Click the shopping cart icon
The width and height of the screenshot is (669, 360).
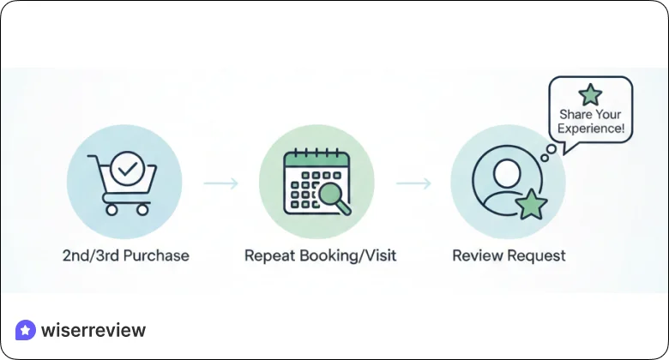click(125, 182)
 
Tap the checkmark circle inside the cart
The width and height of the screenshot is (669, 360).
click(128, 169)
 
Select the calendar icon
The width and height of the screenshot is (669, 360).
click(314, 183)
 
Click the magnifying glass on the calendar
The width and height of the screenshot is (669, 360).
click(334, 198)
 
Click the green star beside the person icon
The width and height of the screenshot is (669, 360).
click(532, 205)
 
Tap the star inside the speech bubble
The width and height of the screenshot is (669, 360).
click(590, 94)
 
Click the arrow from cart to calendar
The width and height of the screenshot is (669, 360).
click(220, 183)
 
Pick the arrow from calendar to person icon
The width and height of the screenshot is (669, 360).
click(413, 183)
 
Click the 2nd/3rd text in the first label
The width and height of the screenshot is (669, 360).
click(88, 255)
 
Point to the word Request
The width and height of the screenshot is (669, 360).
click(535, 255)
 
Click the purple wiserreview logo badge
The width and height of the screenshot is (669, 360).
click(26, 330)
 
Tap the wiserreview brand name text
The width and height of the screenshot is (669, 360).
click(93, 330)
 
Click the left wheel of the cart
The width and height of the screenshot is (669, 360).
click(110, 208)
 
